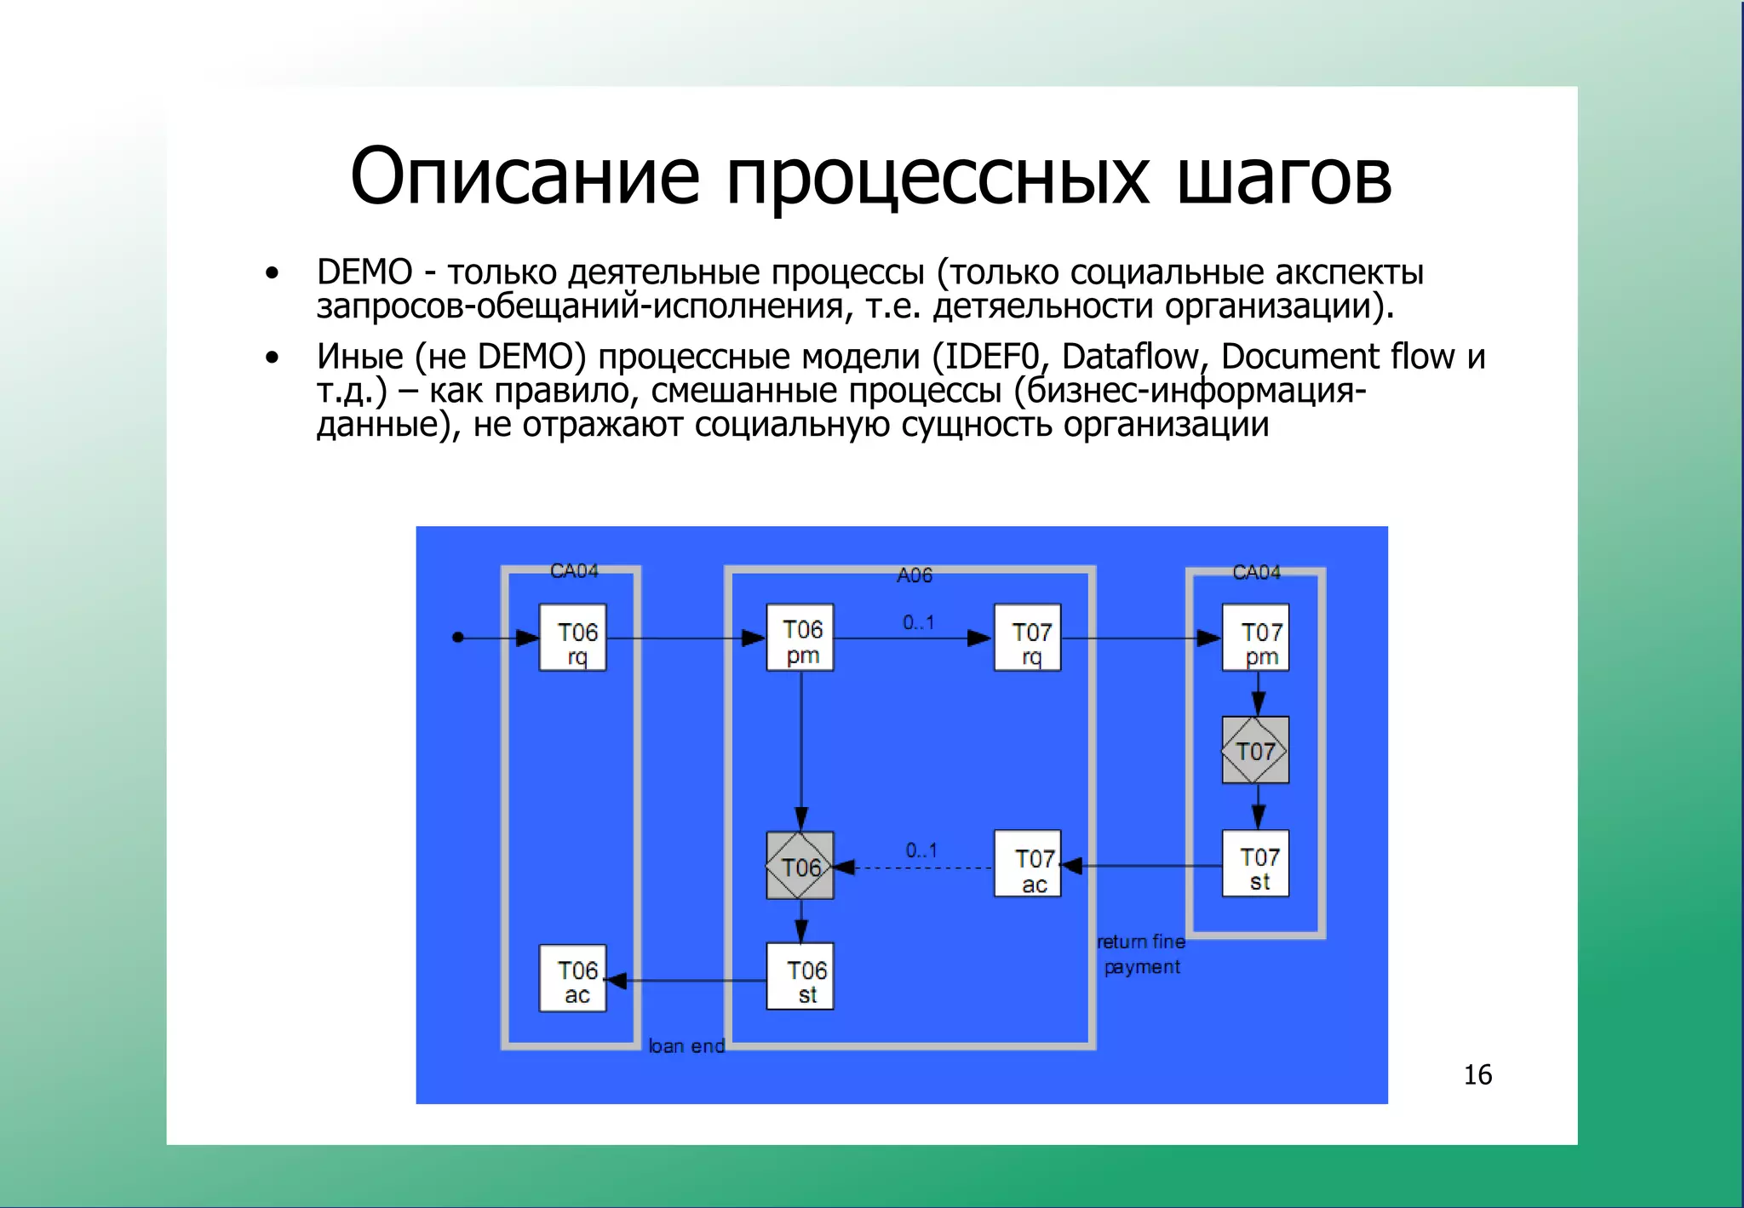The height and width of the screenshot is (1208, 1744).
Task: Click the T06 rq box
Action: click(x=572, y=638)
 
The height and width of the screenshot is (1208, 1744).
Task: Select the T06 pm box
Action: click(x=800, y=638)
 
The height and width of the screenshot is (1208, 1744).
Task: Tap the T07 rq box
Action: click(x=1027, y=638)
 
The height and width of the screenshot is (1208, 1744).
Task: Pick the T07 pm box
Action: click(x=1255, y=638)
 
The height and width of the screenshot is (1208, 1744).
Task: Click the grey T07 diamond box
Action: click(x=1255, y=750)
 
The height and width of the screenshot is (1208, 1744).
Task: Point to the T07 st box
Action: click(x=1255, y=863)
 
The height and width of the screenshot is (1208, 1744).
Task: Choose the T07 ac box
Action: click(x=1027, y=864)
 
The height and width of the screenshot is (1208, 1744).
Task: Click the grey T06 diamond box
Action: click(x=800, y=866)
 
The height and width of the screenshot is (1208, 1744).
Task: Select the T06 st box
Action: click(x=800, y=976)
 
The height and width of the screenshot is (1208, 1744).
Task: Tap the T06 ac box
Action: click(x=572, y=978)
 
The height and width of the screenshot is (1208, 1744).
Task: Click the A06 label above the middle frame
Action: click(x=915, y=576)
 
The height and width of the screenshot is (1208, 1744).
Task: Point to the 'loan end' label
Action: click(x=686, y=1046)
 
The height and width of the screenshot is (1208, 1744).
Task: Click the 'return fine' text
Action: click(x=1141, y=942)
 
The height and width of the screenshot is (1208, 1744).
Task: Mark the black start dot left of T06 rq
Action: click(x=458, y=637)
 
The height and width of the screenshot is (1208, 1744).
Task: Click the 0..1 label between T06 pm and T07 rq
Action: click(x=919, y=623)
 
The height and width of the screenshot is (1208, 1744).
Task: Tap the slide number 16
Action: click(x=1477, y=1075)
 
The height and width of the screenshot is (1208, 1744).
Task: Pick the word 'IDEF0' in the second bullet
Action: click(x=992, y=357)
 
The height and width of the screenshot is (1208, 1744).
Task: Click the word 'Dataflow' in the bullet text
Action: click(x=1129, y=357)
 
